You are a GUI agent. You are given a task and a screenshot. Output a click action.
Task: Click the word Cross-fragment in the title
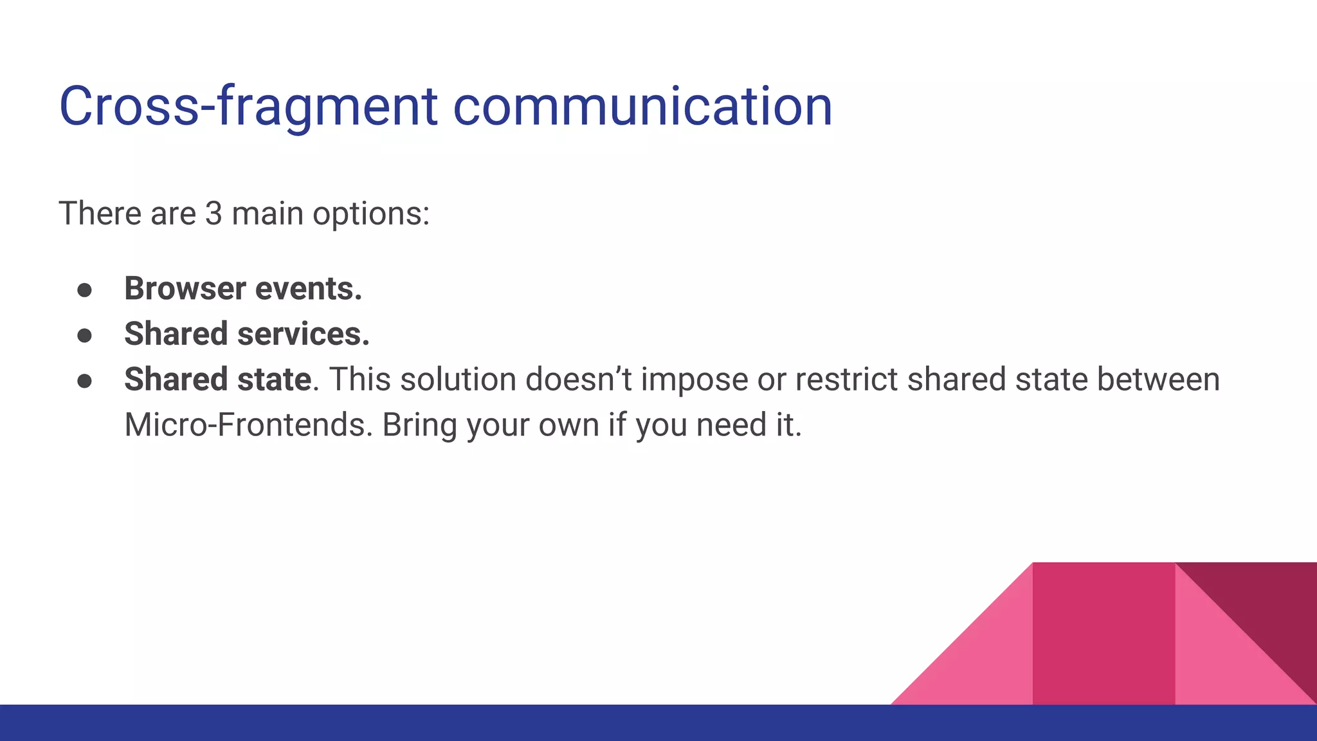point(248,107)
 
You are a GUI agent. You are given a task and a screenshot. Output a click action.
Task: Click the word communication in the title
point(642,107)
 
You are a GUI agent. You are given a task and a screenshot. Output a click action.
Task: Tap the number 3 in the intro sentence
point(213,214)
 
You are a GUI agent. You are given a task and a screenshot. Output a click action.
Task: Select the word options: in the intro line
point(371,215)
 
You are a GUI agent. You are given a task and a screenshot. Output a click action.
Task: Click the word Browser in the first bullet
point(185,288)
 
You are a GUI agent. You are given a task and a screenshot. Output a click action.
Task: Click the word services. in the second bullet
point(304,334)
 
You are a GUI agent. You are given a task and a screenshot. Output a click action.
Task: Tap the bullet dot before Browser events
point(84,290)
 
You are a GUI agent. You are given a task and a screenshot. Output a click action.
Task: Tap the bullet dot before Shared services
point(84,336)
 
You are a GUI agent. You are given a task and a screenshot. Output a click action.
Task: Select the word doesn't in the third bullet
point(578,380)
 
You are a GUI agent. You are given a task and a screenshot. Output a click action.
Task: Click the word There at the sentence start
point(99,214)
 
